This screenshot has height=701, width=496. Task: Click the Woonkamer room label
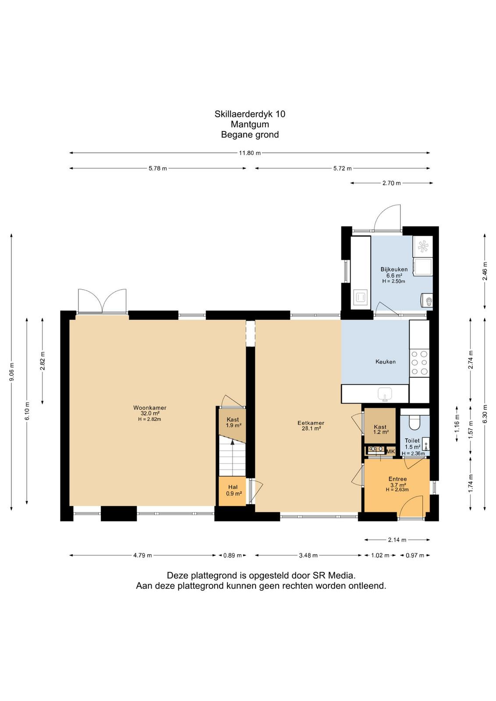(149, 408)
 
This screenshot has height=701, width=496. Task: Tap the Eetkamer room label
(310, 423)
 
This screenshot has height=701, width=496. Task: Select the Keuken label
(385, 362)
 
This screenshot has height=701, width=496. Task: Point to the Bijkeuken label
(394, 269)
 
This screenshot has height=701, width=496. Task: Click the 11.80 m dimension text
(250, 153)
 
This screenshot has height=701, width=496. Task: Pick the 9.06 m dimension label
(12, 372)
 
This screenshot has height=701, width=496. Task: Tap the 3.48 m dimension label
(308, 556)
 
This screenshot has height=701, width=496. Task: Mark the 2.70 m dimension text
(391, 183)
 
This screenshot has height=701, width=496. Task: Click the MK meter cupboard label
(390, 451)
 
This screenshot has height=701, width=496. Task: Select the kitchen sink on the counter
(385, 394)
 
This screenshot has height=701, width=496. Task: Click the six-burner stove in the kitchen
(419, 363)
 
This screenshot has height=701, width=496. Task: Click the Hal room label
(233, 487)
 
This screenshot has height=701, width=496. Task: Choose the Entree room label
(397, 479)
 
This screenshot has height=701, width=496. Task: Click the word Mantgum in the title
(250, 124)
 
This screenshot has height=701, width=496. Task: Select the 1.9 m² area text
(234, 425)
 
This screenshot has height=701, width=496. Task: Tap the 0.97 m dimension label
(415, 556)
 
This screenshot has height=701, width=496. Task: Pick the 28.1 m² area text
(311, 429)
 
